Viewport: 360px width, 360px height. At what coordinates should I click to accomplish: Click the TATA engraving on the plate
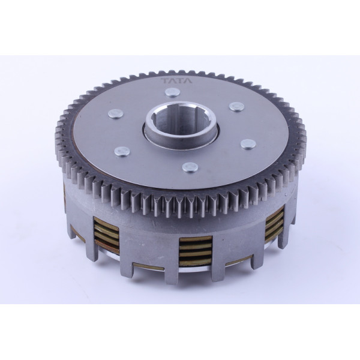(x=177, y=81)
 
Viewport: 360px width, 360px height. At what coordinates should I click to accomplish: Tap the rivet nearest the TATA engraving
(x=172, y=92)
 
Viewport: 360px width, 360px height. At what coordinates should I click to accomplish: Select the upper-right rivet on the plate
(x=237, y=107)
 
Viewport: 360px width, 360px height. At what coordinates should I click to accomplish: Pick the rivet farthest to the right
(x=248, y=144)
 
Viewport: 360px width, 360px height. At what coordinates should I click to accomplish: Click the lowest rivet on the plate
(x=190, y=167)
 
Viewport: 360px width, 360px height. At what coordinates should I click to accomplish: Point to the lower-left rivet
(x=122, y=152)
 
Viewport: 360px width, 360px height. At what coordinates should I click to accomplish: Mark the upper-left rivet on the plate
(x=115, y=113)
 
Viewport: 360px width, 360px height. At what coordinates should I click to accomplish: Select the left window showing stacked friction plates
(x=107, y=233)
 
